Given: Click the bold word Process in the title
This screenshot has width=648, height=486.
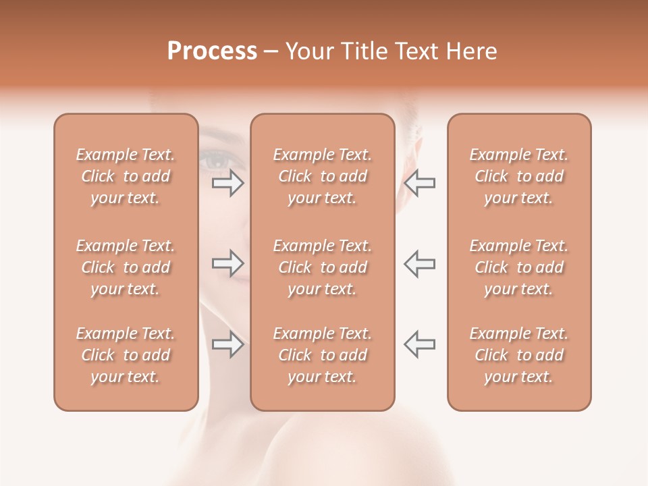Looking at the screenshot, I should (x=212, y=51).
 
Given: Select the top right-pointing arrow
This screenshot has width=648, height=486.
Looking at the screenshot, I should (x=227, y=183).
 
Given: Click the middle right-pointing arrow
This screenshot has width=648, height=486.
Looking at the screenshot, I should (x=227, y=263).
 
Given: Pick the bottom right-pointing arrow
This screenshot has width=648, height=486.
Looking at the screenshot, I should (x=227, y=344).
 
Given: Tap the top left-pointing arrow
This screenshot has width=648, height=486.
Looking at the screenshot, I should (x=419, y=183).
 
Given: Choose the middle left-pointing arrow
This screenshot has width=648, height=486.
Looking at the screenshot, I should (x=419, y=263).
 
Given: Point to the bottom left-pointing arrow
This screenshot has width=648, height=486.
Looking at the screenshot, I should (x=419, y=344).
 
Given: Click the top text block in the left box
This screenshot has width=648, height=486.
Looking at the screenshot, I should (x=126, y=176).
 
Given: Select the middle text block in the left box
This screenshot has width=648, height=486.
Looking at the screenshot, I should (x=126, y=267).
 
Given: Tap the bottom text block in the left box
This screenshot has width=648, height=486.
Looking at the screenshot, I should (x=126, y=355).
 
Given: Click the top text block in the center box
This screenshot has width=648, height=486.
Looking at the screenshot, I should (x=322, y=176).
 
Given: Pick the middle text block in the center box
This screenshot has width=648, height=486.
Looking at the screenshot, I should (x=322, y=267).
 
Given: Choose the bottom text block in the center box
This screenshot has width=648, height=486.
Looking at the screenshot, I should (x=322, y=355).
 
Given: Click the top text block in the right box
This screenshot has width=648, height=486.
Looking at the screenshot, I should (x=518, y=176).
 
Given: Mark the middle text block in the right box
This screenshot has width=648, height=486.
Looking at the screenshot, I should (x=518, y=267).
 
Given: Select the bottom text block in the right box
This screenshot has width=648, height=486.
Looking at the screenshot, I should (x=518, y=355).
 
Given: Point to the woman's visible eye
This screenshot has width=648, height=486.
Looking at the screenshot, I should (x=217, y=161).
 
